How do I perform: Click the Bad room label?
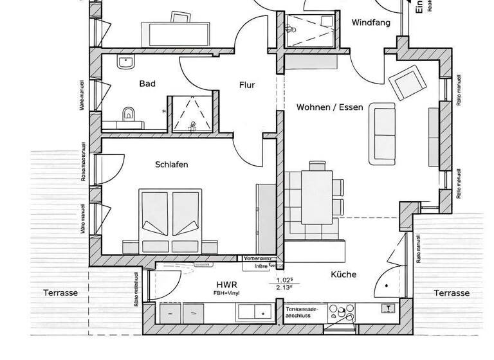coord(147,84)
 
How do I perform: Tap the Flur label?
coord(247,85)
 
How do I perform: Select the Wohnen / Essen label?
coord(329,107)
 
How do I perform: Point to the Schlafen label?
coord(172,165)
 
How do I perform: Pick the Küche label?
coord(343,274)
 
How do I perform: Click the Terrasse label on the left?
coord(60,292)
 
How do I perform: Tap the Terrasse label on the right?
coord(451,292)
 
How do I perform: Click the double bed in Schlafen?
coord(170,221)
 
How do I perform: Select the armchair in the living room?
coord(407,82)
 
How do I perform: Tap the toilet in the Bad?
coord(128,113)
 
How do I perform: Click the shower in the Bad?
coord(191,114)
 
